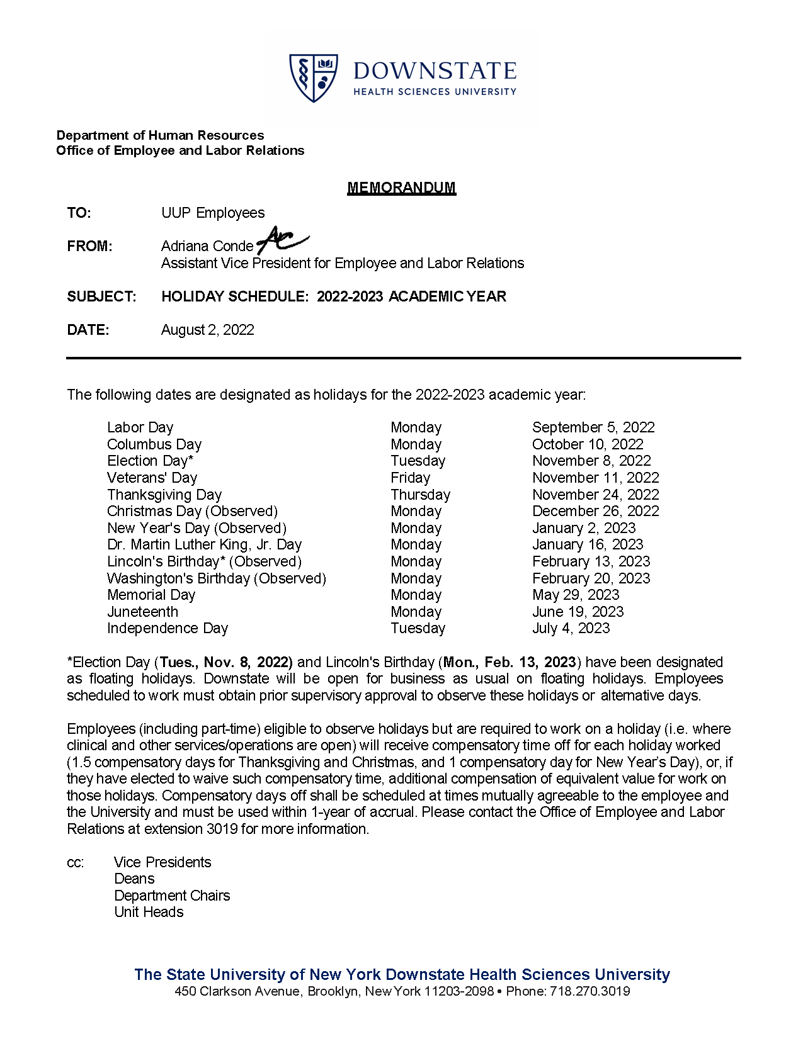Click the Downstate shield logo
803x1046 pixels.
pyautogui.click(x=313, y=77)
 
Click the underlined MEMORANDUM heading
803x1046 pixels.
pyautogui.click(x=401, y=188)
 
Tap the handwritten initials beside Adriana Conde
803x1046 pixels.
pyautogui.click(x=281, y=240)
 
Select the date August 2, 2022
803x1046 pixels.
pyautogui.click(x=207, y=330)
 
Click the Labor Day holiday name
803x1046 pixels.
pyautogui.click(x=140, y=427)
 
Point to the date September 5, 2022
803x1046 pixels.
pyautogui.click(x=593, y=427)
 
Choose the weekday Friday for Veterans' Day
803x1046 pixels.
pyautogui.click(x=410, y=478)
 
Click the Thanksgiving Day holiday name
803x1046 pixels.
pyautogui.click(x=164, y=495)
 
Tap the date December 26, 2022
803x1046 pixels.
pyautogui.click(x=595, y=511)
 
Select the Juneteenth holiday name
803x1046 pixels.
pyautogui.click(x=142, y=612)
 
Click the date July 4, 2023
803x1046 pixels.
pyautogui.click(x=571, y=628)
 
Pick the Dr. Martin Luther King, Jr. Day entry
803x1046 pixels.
pyautogui.click(x=204, y=544)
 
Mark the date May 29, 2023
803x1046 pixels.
pyautogui.click(x=576, y=595)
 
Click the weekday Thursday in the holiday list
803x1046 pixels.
pyautogui.click(x=420, y=495)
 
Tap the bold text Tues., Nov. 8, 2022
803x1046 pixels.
pyautogui.click(x=226, y=662)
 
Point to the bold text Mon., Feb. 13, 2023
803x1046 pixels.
pyautogui.click(x=510, y=662)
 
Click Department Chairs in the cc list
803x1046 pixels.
pyautogui.click(x=172, y=896)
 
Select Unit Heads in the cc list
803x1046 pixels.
pyautogui.click(x=149, y=912)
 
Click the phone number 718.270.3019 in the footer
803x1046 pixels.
pyautogui.click(x=589, y=991)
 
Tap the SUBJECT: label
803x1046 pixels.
pyautogui.click(x=101, y=296)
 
